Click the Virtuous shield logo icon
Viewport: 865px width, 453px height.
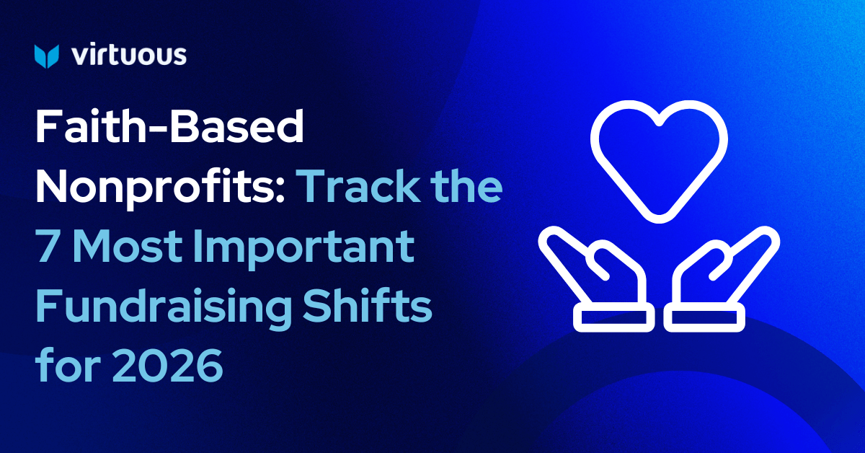(47, 56)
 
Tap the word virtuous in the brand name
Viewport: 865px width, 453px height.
(129, 55)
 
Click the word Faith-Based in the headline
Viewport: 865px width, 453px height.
(169, 126)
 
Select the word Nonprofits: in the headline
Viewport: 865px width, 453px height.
(160, 188)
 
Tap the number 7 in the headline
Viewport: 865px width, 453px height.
(50, 245)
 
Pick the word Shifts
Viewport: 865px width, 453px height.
(367, 304)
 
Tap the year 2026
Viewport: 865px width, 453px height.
(167, 365)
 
